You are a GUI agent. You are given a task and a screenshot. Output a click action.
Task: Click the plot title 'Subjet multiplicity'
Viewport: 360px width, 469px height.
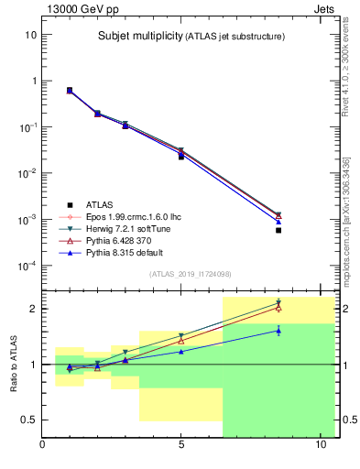tap(138, 37)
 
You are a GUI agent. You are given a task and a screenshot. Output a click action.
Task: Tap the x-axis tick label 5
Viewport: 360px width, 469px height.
tap(181, 446)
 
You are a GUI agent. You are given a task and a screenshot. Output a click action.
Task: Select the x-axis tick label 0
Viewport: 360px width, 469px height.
tap(43, 446)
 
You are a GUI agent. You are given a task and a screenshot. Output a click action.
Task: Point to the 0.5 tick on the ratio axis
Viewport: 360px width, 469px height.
tap(27, 420)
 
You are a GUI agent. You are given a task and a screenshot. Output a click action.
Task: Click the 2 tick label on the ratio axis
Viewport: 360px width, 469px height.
tap(33, 309)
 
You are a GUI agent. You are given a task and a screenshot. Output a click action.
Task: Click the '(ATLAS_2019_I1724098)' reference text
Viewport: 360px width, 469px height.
tap(190, 274)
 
